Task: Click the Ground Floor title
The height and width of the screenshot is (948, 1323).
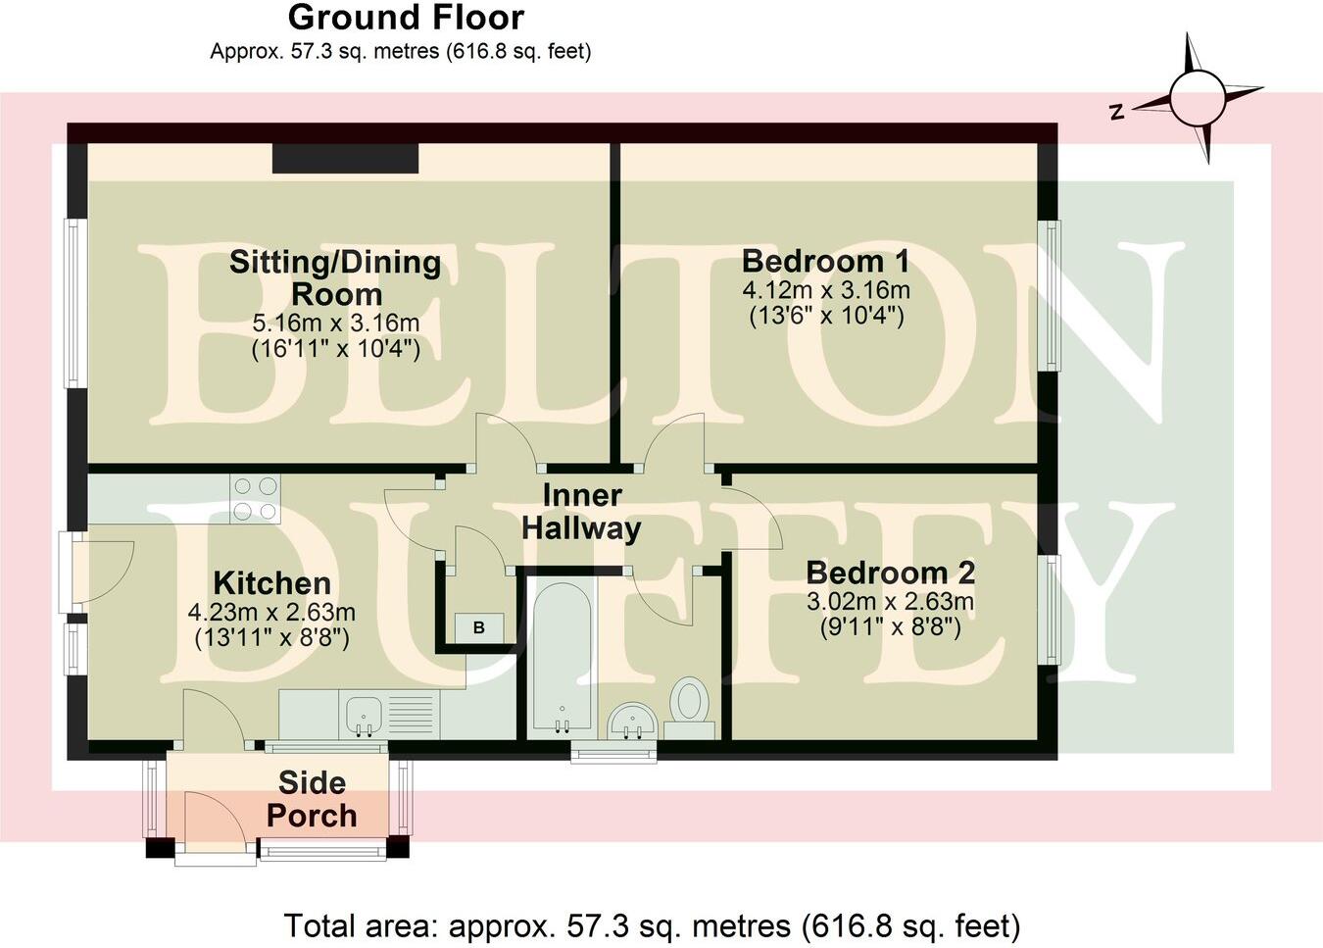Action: click(406, 18)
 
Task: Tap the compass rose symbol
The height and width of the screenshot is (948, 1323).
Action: click(1196, 98)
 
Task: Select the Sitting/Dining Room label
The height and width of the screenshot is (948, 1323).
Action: click(335, 277)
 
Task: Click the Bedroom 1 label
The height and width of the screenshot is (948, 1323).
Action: click(825, 261)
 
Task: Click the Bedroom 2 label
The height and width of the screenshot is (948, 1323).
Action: click(890, 573)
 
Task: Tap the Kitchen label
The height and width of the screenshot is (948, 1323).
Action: click(271, 583)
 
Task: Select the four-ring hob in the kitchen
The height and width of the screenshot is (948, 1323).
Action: click(255, 498)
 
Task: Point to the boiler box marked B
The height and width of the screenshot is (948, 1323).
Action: click(479, 627)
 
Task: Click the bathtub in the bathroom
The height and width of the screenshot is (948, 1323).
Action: click(561, 657)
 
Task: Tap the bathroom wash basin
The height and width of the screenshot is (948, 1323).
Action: click(632, 723)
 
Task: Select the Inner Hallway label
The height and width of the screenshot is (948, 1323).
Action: click(581, 512)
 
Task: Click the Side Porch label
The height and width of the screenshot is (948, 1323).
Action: click(312, 799)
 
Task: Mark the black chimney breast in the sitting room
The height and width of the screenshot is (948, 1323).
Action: click(345, 158)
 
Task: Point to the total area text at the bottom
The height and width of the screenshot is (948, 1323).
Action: click(652, 925)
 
